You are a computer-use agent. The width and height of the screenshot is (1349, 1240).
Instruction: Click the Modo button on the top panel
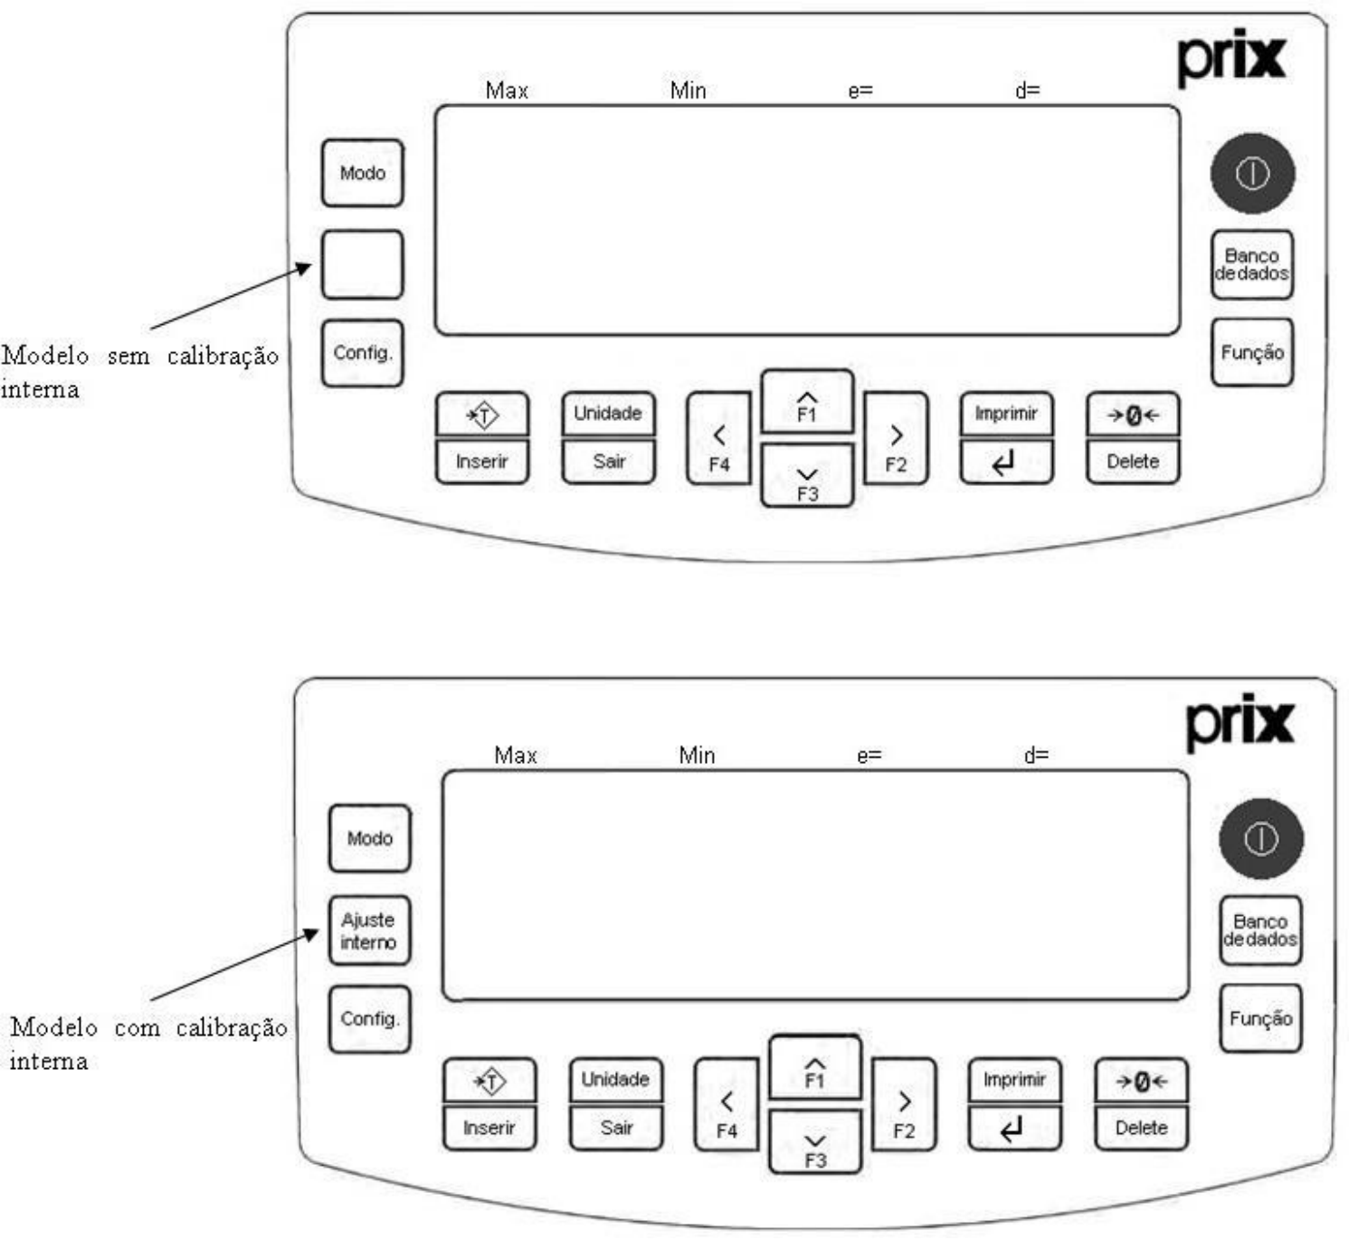pyautogui.click(x=363, y=173)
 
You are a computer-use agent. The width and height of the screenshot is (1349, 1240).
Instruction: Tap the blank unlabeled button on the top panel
pyautogui.click(x=363, y=264)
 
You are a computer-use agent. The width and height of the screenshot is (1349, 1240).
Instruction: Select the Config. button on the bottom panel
pyautogui.click(x=370, y=1019)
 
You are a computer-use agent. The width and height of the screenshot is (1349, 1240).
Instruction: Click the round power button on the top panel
pyautogui.click(x=1252, y=174)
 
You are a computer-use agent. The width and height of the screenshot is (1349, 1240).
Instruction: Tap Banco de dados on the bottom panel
pyautogui.click(x=1260, y=930)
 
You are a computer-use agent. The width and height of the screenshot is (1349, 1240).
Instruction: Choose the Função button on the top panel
pyautogui.click(x=1252, y=353)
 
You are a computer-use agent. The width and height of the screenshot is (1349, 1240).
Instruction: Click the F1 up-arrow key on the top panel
pyautogui.click(x=807, y=402)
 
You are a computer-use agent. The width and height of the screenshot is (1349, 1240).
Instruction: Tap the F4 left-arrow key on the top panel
pyautogui.click(x=719, y=439)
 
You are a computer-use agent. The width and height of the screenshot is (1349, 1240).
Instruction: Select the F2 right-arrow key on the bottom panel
pyautogui.click(x=904, y=1105)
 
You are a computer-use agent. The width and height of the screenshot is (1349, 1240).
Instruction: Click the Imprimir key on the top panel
pyautogui.click(x=1007, y=414)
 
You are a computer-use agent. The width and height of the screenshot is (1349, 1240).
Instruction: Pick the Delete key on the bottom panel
pyautogui.click(x=1141, y=1128)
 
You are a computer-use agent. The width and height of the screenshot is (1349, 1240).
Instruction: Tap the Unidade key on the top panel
pyautogui.click(x=608, y=414)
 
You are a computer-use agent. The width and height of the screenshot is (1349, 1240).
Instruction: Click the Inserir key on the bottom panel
pyautogui.click(x=489, y=1128)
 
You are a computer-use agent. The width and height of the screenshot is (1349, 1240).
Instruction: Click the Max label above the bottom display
pyautogui.click(x=515, y=755)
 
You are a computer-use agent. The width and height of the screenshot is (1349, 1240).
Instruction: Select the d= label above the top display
pyautogui.click(x=1028, y=90)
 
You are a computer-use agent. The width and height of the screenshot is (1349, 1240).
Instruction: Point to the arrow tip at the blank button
pyautogui.click(x=311, y=264)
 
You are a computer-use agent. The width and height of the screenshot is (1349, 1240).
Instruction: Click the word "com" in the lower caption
pyautogui.click(x=138, y=1027)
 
